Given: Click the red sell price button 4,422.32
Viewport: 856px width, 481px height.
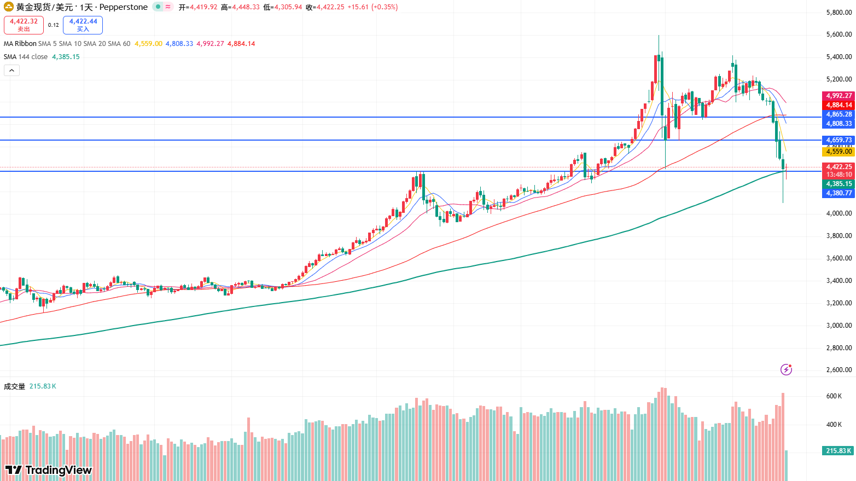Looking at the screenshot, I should pos(24,25).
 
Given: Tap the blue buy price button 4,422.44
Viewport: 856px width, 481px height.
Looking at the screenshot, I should pos(83,25).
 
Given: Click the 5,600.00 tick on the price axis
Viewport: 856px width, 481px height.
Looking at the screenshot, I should pos(838,34).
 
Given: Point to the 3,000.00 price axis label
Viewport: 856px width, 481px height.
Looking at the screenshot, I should pos(838,326).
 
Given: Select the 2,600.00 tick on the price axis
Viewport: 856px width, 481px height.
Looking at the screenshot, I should pos(838,370).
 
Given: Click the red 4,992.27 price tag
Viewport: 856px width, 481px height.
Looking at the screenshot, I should pos(838,96).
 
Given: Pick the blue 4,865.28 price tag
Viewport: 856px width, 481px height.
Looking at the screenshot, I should pos(838,114).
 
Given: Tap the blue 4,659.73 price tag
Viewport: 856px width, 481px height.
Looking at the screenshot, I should pos(838,140).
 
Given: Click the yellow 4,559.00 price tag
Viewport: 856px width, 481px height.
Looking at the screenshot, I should pos(838,152).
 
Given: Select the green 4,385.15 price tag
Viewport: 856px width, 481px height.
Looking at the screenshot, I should pos(838,184).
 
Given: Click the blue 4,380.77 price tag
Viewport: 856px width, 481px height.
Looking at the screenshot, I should pos(838,193).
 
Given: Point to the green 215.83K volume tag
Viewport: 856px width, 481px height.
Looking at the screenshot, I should pos(838,451).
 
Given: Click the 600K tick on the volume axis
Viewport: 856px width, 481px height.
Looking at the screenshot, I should pos(834,396).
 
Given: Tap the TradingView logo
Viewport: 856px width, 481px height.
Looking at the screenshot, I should pos(49,470).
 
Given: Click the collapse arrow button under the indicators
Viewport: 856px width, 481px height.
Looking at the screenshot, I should pos(11,70).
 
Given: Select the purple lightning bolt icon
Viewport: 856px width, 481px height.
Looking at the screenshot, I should pos(786,369).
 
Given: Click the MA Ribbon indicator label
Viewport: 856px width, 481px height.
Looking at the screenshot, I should pos(20,44).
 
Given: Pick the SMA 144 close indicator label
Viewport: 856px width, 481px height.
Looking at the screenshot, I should pos(26,57).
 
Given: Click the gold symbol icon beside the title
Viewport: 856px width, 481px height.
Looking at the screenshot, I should pos(9,7).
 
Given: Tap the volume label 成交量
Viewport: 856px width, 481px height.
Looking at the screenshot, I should pos(15,386).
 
